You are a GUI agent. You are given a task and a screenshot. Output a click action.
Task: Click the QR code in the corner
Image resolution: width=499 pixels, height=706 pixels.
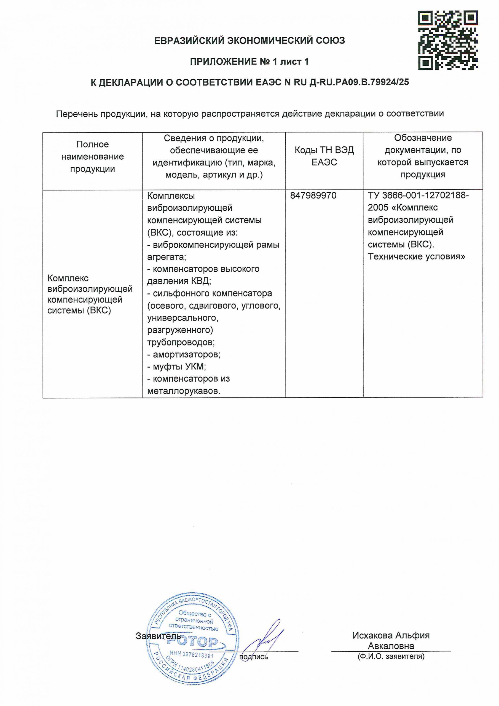pyautogui.click(x=448, y=40)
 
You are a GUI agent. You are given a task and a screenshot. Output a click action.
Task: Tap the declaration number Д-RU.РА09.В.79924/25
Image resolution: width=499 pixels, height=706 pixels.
pyautogui.click(x=359, y=82)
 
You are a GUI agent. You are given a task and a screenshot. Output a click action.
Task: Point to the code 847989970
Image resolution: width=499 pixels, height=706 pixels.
pyautogui.click(x=313, y=196)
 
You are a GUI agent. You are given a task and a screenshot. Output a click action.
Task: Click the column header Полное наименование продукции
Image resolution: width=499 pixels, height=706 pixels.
pyautogui.click(x=92, y=157)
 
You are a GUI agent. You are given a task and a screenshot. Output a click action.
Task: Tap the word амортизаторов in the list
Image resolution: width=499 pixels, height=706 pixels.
pyautogui.click(x=186, y=355)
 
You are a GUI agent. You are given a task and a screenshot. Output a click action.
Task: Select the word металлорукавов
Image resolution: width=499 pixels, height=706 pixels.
pyautogui.click(x=184, y=391)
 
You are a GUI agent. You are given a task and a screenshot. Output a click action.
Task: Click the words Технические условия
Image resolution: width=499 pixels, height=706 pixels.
pyautogui.click(x=416, y=256)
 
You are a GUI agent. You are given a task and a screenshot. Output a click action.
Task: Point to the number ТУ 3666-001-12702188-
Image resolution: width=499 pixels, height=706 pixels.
pyautogui.click(x=418, y=196)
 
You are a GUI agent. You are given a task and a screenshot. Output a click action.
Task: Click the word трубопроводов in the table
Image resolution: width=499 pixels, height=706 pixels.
pyautogui.click(x=181, y=342)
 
